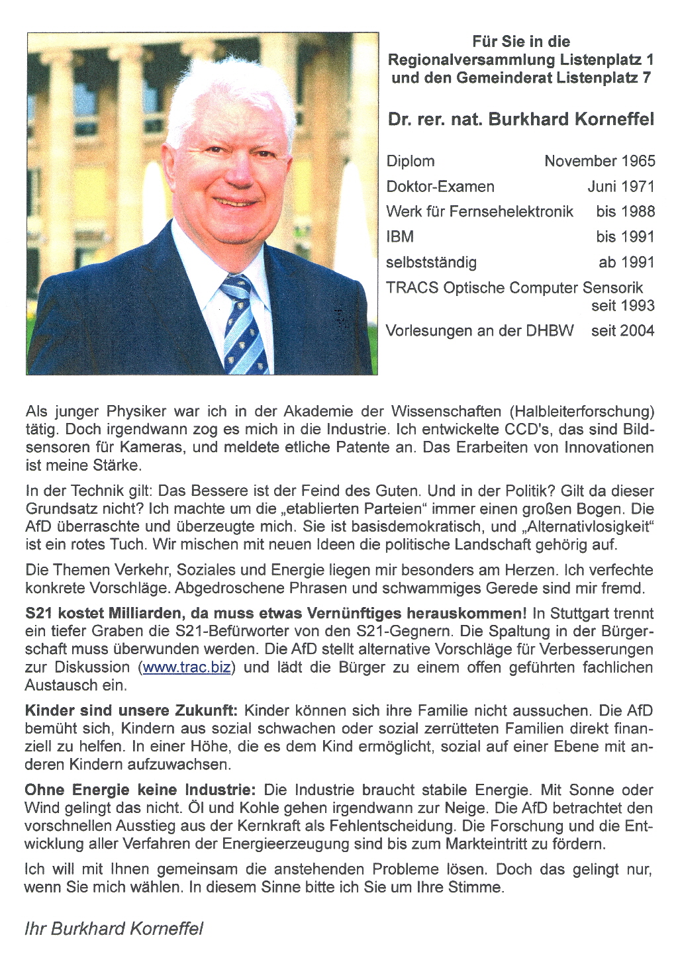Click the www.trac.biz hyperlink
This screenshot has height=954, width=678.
click(187, 667)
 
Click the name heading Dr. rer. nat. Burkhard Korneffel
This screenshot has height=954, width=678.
click(520, 120)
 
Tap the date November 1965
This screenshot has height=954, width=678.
click(599, 162)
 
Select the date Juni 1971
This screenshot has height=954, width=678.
click(620, 187)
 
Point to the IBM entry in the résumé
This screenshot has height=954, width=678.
click(400, 237)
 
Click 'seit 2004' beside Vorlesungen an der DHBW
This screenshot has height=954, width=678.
click(622, 331)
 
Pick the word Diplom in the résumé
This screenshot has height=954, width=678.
click(411, 162)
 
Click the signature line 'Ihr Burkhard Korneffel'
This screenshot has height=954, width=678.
click(114, 929)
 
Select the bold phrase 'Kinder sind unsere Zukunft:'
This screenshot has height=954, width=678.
click(130, 711)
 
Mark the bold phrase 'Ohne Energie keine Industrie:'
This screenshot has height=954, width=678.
click(140, 790)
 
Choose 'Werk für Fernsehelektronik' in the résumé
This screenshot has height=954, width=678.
click(479, 212)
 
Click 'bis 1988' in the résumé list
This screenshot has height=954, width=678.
click(625, 212)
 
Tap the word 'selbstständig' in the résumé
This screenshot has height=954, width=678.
click(431, 263)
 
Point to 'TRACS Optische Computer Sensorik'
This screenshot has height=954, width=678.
click(514, 288)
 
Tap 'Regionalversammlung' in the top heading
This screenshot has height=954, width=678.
click(471, 60)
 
